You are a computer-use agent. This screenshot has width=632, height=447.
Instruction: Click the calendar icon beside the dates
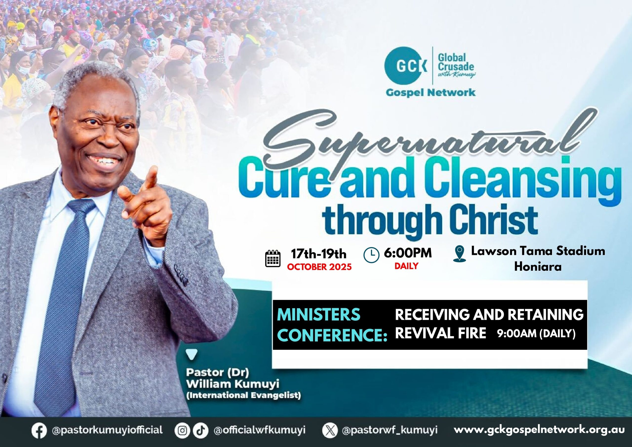tap(273, 259)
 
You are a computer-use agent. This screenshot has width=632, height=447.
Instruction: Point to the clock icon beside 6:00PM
tap(371, 255)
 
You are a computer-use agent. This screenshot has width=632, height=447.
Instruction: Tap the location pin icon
tap(459, 254)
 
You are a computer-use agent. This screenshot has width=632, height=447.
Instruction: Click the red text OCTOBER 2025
tap(319, 267)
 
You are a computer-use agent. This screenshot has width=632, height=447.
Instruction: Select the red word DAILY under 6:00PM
tap(406, 266)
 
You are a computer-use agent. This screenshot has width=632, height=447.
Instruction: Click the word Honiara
tap(538, 267)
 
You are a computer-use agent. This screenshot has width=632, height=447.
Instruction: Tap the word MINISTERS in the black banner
tap(318, 315)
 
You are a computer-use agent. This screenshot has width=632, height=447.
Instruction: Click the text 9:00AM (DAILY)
tap(536, 334)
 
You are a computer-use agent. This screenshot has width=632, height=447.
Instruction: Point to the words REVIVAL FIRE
tap(440, 333)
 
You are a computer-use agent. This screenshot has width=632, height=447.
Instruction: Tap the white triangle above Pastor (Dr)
tap(192, 354)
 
